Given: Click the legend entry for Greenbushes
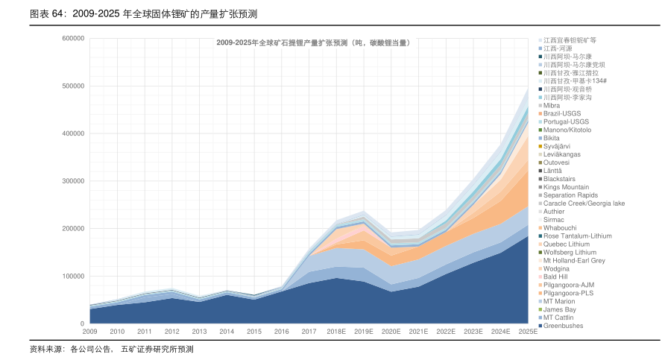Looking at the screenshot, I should coord(563,326).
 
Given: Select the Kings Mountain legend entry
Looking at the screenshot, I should coord(566,187).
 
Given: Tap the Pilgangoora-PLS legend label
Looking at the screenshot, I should coord(568,293).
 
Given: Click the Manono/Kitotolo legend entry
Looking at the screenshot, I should coord(567,130).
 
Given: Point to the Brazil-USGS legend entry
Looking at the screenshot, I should coord(562,113).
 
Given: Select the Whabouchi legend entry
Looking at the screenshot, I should coord(560,228).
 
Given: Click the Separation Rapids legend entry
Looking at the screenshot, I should coord(570,195).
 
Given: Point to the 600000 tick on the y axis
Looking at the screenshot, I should coord(73,39).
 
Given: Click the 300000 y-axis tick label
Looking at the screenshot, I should coord(73,181).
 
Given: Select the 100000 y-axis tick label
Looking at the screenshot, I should coord(73,277).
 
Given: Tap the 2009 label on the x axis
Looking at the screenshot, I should coord(90,331).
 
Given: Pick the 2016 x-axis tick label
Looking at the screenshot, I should coord(282,331).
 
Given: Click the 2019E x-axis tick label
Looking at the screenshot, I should coord(364,331).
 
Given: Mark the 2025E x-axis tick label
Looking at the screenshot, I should coord(528,331).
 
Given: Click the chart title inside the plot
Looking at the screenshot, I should coord(313,43).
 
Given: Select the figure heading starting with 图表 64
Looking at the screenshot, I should coord(138,14).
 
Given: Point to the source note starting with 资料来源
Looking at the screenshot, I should coord(111,349).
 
